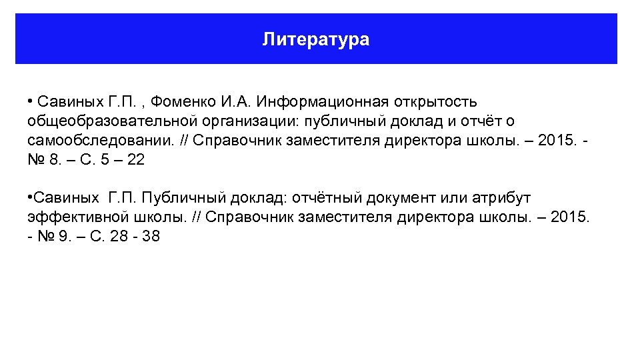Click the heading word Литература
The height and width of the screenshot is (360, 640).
(x=315, y=39)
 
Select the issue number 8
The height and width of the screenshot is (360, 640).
(x=53, y=160)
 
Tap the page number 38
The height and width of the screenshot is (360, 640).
(x=151, y=237)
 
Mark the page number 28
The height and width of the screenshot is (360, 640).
(x=118, y=237)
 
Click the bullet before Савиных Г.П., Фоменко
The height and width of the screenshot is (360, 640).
(x=31, y=102)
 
